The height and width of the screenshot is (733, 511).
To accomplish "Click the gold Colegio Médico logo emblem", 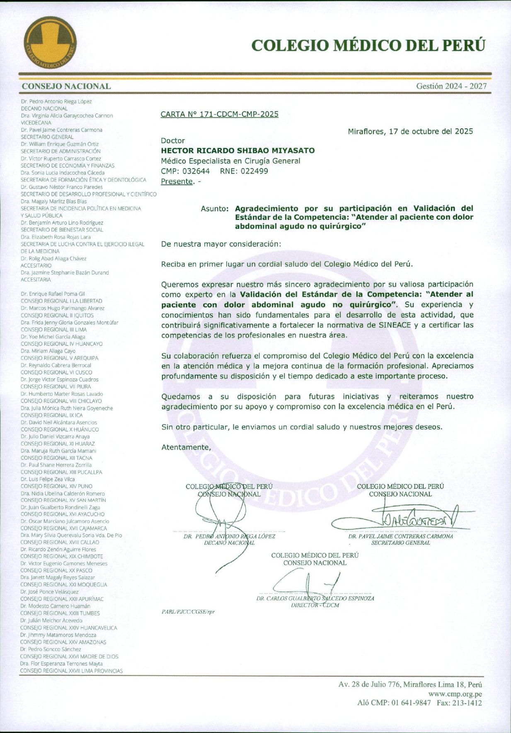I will [50, 44].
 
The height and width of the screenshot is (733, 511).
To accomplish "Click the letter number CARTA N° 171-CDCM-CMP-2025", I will [219, 114].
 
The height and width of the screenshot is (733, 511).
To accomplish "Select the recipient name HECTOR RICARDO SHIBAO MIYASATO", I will [237, 150].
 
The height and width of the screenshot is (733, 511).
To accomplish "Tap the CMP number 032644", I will [196, 171].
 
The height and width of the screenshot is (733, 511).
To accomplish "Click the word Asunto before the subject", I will [214, 208].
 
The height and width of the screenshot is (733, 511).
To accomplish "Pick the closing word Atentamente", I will [186, 447].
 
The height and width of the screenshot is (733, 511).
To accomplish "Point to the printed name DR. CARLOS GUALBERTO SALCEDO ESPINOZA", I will [315, 598].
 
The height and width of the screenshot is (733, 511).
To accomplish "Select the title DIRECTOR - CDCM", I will [315, 605].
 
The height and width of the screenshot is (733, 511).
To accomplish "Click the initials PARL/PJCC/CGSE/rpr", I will [188, 612].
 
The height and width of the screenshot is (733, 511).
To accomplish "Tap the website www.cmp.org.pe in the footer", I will [455, 694].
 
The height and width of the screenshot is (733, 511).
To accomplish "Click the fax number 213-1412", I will [468, 703].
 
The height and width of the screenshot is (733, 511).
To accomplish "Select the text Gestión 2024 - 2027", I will [451, 86].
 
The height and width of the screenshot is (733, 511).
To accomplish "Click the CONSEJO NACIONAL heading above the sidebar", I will [66, 86].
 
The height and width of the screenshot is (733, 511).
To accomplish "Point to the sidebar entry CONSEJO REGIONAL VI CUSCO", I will [57, 372].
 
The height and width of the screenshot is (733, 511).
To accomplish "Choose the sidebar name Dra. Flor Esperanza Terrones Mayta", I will [61, 663].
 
